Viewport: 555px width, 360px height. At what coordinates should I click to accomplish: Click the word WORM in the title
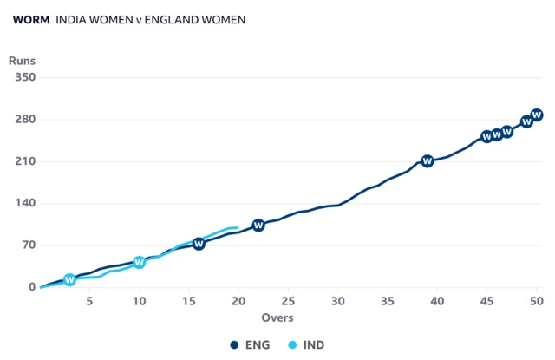pos(31,18)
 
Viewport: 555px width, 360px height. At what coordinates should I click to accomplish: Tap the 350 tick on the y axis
pos(23,78)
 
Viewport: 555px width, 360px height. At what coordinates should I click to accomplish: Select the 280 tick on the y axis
pos(23,120)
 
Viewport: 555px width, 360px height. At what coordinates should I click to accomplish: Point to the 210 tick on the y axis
pos(23,161)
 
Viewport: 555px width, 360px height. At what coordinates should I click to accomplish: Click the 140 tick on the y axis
pos(23,203)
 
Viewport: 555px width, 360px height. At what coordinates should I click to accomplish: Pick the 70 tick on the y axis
pos(27,245)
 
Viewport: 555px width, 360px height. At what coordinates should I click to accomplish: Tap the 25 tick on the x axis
pos(288,300)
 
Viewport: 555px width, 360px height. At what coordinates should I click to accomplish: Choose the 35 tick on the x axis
pos(388,300)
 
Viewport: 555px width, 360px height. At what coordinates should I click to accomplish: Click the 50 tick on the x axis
pos(537,300)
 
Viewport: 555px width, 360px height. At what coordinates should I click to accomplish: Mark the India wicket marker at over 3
pos(69,279)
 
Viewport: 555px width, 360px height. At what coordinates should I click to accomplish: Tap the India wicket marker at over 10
pos(139,262)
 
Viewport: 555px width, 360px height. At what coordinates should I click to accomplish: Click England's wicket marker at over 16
pos(199,244)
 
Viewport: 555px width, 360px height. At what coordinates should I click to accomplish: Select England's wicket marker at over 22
pos(258,226)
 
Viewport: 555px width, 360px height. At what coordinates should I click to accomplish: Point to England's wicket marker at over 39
pos(428,161)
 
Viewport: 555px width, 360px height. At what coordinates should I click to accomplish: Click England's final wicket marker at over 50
pos(537,115)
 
